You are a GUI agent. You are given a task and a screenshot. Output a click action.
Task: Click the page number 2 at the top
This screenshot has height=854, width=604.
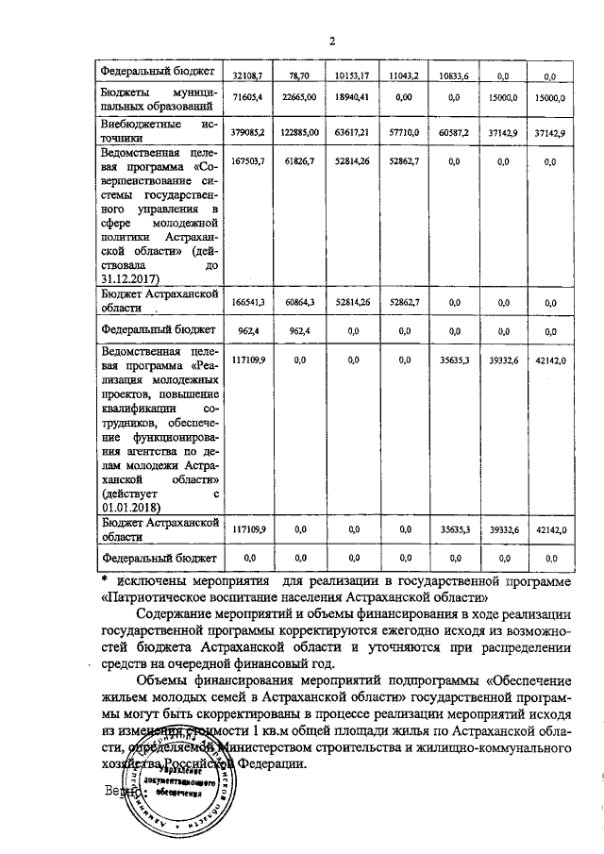pos(332,40)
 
